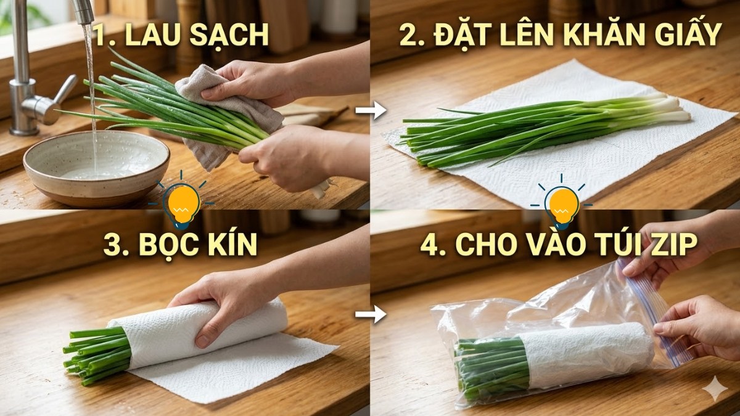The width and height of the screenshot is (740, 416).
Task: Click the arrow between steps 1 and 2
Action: coord(371,112)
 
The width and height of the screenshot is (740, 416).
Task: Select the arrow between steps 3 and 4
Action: coord(371,316)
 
